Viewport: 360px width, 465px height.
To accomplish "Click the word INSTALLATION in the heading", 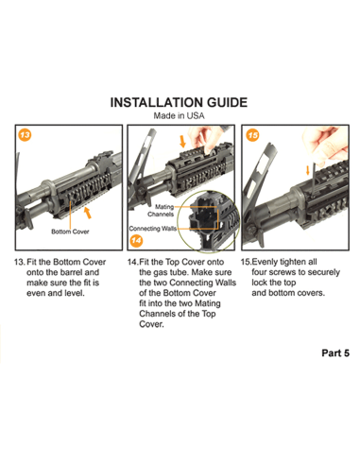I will click(154, 102).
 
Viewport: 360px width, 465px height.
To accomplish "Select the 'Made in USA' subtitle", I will click(180, 116).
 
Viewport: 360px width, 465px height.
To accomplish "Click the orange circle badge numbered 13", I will click(24, 136).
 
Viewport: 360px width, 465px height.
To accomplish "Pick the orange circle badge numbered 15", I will click(252, 136).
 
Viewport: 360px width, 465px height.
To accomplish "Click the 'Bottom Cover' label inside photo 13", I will click(71, 231).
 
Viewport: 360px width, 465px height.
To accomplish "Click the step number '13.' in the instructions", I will click(20, 260).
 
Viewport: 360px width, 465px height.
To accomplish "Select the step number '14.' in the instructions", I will click(133, 260).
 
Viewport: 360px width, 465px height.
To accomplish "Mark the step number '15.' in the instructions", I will click(248, 260).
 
